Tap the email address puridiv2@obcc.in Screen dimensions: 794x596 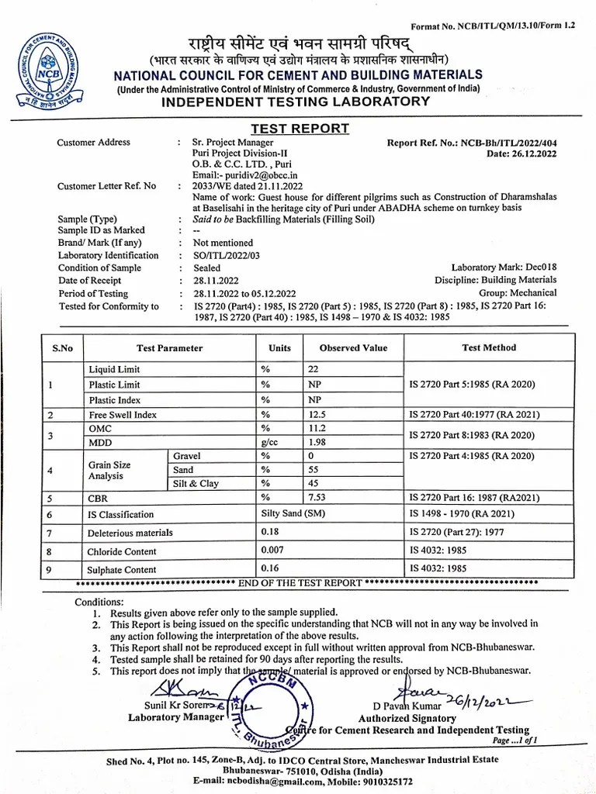tap(242, 175)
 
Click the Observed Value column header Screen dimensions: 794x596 tap(353, 348)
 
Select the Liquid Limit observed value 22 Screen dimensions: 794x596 tap(314, 370)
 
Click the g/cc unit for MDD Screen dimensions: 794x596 tap(269, 442)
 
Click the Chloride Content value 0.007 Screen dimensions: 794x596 tap(272, 551)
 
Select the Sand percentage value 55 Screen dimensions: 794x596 tap(314, 470)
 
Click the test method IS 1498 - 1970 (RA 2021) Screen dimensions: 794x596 tap(460, 514)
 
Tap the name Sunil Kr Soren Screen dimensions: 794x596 tap(175, 705)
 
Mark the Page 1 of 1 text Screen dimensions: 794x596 tap(515, 740)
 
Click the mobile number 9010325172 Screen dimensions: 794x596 tap(380, 782)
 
